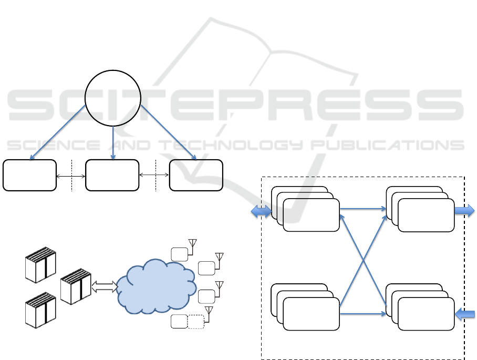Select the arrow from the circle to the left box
click(58, 131)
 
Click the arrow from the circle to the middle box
click(113, 142)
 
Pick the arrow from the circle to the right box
click(169, 131)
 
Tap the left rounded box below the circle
click(29, 175)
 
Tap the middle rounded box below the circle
click(112, 175)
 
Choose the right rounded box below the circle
click(196, 175)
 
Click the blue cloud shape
click(153, 287)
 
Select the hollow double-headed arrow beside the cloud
click(105, 287)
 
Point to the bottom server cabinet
click(40, 310)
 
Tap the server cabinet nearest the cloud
click(76, 287)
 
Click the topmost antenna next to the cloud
click(193, 244)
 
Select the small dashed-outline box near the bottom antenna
click(196, 322)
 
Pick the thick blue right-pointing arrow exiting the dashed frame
click(464, 211)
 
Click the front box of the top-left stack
click(311, 215)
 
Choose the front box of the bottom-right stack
click(426, 314)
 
